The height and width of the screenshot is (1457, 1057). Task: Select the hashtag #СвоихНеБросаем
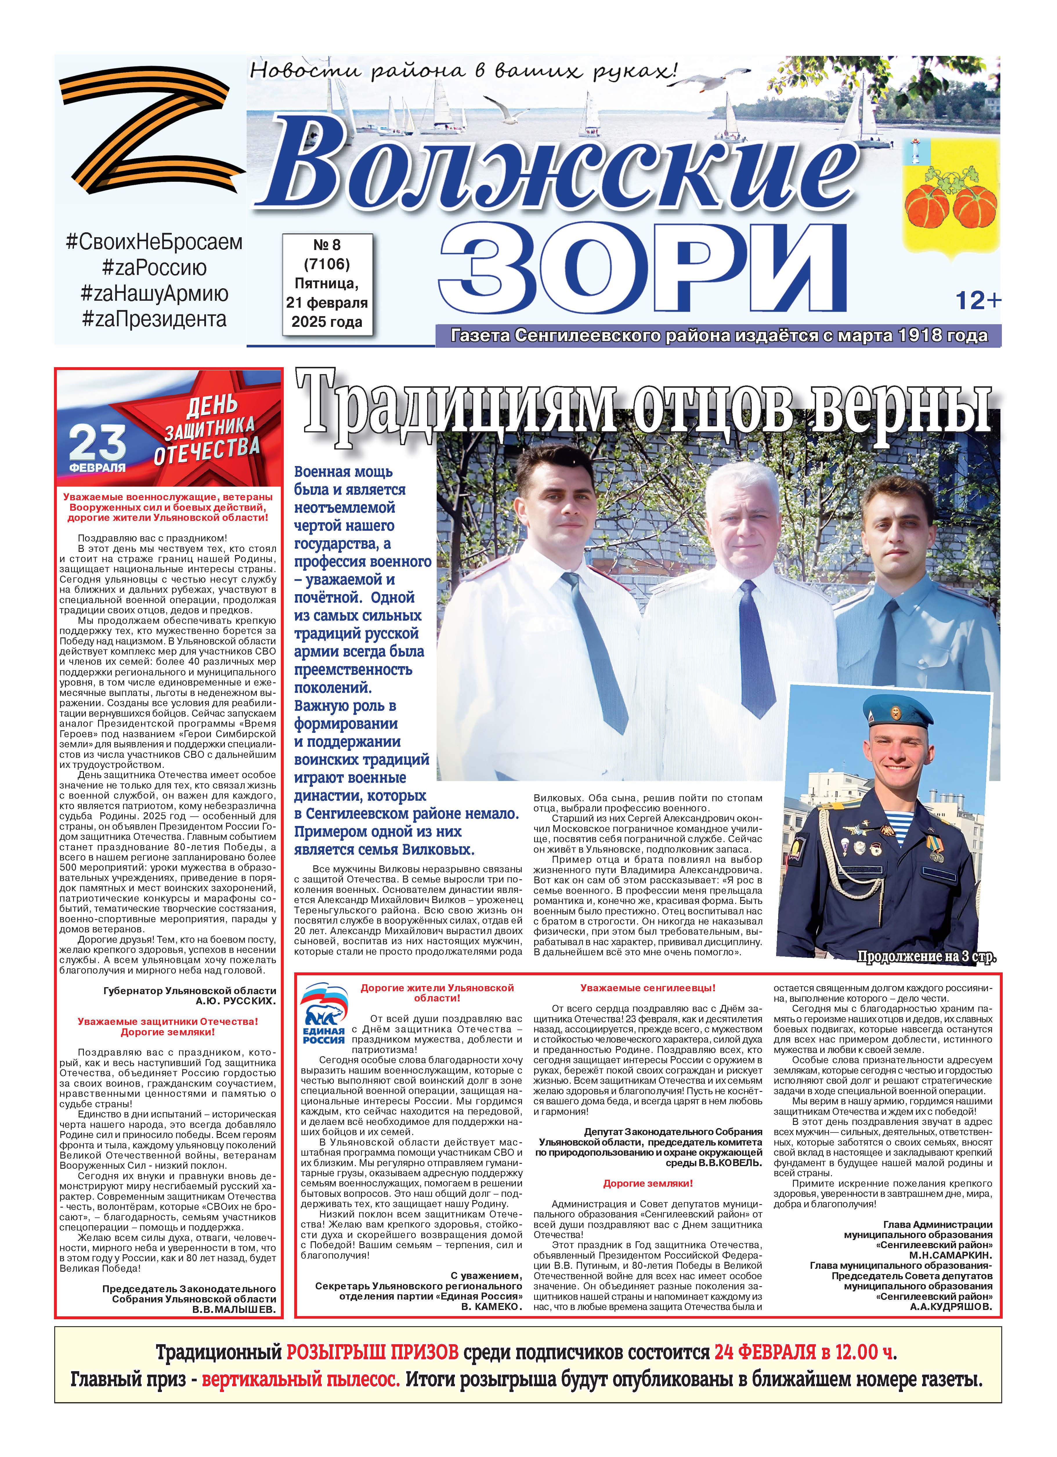154,242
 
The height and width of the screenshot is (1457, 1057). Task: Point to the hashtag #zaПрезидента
154,319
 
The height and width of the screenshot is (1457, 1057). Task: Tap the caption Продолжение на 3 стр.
926,956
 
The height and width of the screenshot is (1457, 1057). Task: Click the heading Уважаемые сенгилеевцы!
648,988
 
